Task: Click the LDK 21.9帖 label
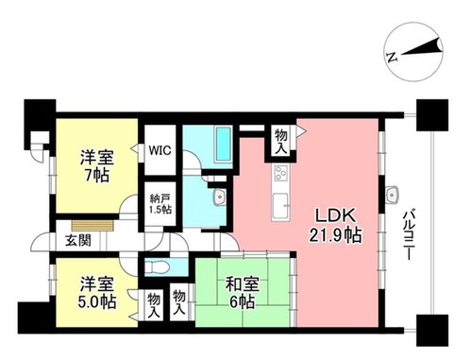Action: pyautogui.click(x=335, y=226)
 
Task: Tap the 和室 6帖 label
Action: pyautogui.click(x=242, y=293)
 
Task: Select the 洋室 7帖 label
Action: pyautogui.click(x=97, y=166)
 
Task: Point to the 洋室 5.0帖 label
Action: pyautogui.click(x=97, y=293)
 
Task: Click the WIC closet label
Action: pyautogui.click(x=160, y=150)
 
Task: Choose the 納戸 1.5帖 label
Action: pyautogui.click(x=160, y=204)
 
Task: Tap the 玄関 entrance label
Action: pyautogui.click(x=78, y=241)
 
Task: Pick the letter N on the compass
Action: pyautogui.click(x=392, y=57)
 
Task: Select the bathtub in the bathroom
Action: pyautogui.click(x=224, y=144)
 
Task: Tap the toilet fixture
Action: pyautogui.click(x=157, y=268)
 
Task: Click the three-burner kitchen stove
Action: pyautogui.click(x=280, y=173)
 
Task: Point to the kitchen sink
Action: pyautogui.click(x=280, y=206)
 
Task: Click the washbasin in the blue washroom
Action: pyautogui.click(x=220, y=197)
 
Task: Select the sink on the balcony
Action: pyautogui.click(x=392, y=195)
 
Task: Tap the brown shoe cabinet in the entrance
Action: pyautogui.click(x=93, y=226)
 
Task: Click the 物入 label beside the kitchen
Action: pyautogui.click(x=281, y=142)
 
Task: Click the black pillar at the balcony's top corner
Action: pyautogui.click(x=432, y=115)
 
